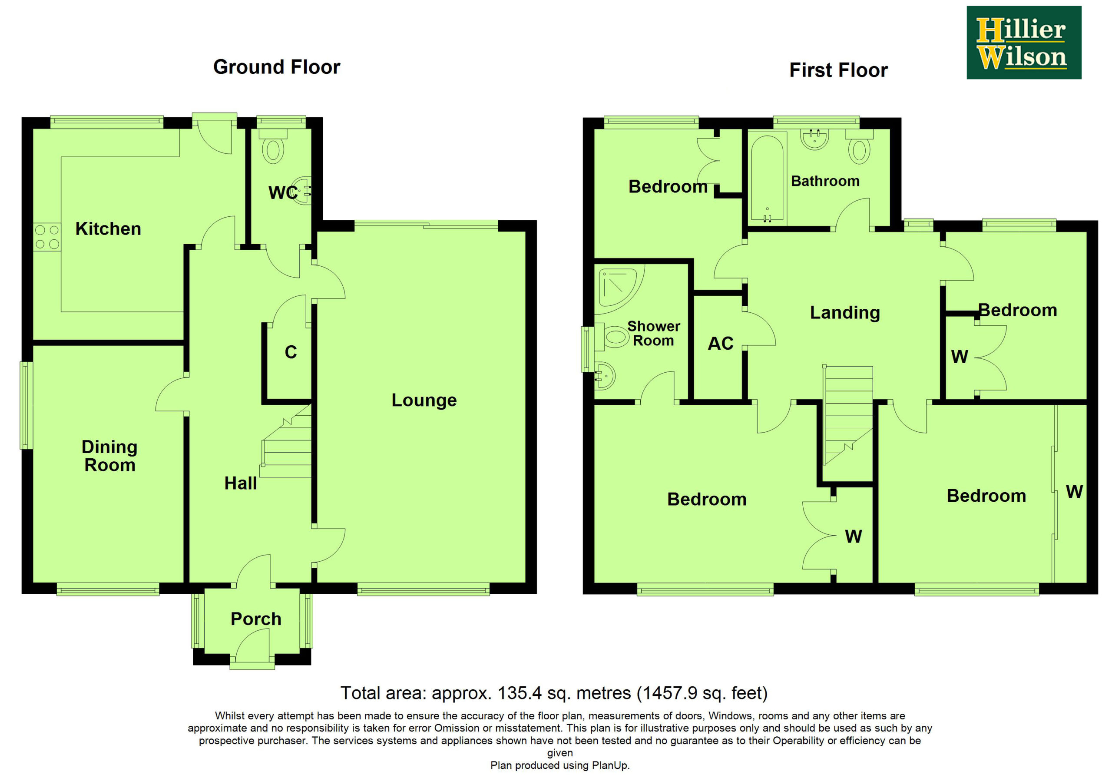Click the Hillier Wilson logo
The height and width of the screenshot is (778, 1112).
[x=1024, y=43]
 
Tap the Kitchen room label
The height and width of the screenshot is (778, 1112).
[x=108, y=228]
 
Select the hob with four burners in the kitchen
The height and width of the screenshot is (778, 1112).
[x=47, y=237]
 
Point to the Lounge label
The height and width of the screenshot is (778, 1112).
[x=424, y=400]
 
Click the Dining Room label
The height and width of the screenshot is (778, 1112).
[x=109, y=456]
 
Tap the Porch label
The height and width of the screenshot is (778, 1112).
[x=256, y=619]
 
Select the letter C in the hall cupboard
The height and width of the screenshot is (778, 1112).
[x=291, y=352]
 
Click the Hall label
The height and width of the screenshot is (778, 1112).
[x=240, y=483]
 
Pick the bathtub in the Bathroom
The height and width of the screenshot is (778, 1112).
[x=767, y=178]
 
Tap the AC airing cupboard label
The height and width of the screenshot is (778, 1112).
[x=721, y=344]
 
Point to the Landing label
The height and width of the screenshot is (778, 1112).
[x=845, y=313]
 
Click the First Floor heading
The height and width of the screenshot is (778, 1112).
[x=838, y=70]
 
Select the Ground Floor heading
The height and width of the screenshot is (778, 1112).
[x=277, y=67]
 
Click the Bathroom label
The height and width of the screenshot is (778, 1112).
[x=825, y=181]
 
